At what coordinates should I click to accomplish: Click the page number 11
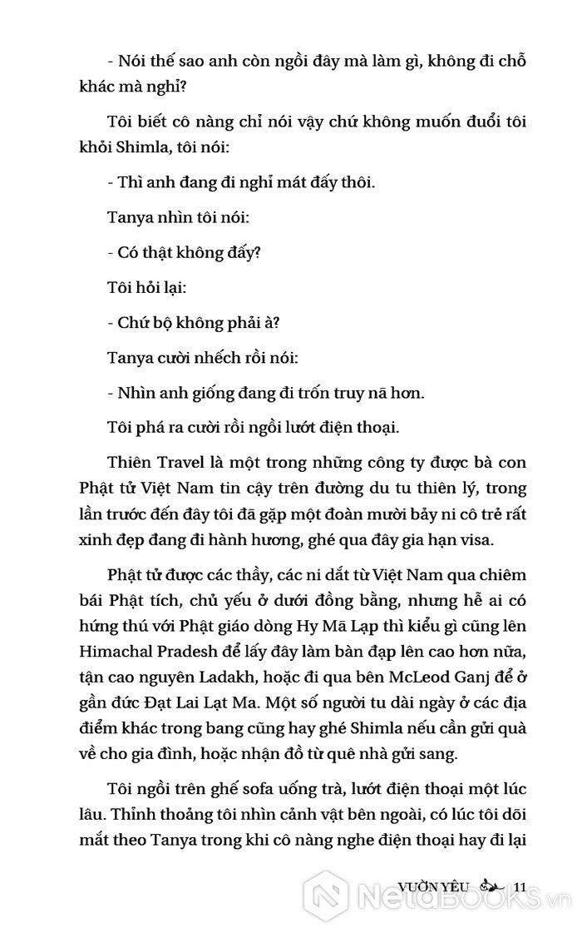click(522, 886)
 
